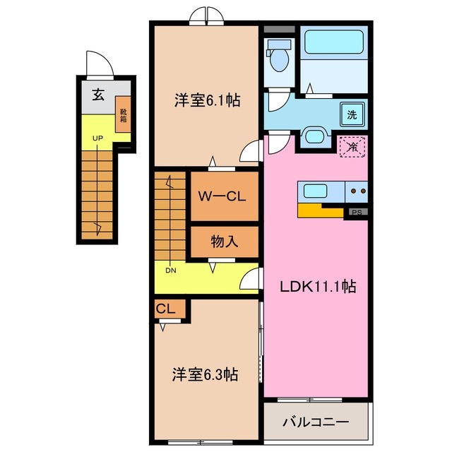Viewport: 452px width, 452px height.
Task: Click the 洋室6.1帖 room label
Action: [x=207, y=101]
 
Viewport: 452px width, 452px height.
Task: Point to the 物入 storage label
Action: [x=225, y=242]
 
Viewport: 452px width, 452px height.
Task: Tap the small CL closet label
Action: [x=165, y=309]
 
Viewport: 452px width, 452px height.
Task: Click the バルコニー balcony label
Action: [x=316, y=422]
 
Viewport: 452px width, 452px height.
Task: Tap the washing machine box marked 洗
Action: [x=351, y=113]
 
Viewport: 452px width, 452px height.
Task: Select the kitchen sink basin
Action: [x=314, y=190]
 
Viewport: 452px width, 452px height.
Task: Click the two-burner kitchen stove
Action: [x=356, y=191]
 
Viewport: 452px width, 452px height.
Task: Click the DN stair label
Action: [x=171, y=269]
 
